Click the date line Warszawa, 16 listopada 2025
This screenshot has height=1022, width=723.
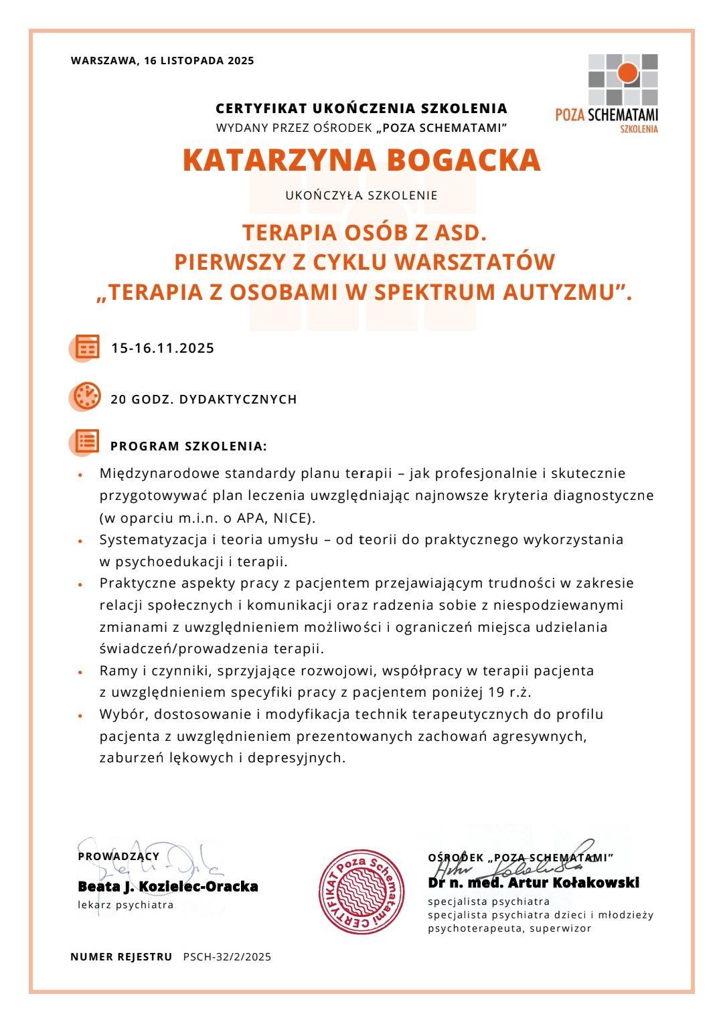coord(162,61)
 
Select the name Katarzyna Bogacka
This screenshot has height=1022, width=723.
coord(361,160)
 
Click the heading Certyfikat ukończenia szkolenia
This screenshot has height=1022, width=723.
coord(361,108)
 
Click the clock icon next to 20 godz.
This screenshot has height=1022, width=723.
coord(87,397)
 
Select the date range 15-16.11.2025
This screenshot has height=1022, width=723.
coord(163,348)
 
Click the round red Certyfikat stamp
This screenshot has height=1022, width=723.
coord(361,891)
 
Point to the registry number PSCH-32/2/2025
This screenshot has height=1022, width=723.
coord(227,957)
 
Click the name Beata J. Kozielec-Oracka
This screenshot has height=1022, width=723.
coord(168,887)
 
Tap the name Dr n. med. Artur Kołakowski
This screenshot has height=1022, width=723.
coord(534,883)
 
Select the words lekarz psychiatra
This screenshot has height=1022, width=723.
coord(126,905)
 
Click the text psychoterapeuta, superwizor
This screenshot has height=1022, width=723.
coord(509,928)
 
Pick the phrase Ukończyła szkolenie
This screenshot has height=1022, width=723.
coord(361,195)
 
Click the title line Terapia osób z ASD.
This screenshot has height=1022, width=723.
coord(364,232)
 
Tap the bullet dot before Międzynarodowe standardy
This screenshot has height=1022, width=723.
coord(80,475)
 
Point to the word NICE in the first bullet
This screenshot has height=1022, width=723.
coord(291,518)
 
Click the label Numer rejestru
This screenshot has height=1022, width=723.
coord(121,957)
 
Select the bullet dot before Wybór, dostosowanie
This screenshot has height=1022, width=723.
coord(80,715)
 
